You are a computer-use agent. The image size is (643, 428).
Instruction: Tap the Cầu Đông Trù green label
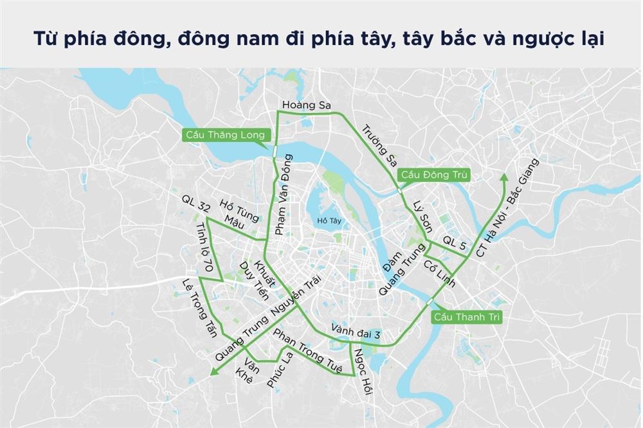coord(434,174)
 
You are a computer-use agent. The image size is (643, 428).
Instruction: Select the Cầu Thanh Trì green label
coord(467,317)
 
